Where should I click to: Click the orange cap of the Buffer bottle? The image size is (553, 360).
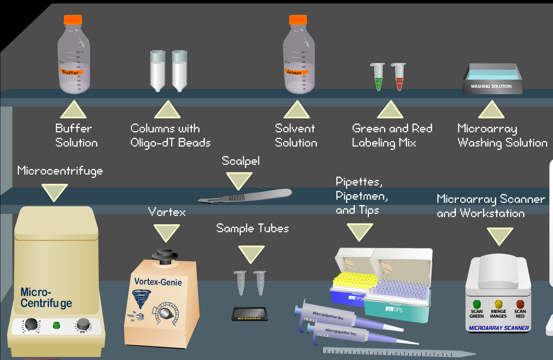[x=73, y=19]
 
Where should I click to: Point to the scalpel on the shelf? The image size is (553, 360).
[x=245, y=196]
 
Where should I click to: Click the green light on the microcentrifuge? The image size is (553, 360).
[x=56, y=325]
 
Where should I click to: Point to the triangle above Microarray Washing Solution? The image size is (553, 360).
[x=491, y=110]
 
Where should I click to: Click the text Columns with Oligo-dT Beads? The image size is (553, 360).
[x=170, y=136]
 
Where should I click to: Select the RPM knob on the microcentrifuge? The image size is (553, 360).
[x=82, y=325]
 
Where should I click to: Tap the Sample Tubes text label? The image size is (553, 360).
[x=252, y=228]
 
